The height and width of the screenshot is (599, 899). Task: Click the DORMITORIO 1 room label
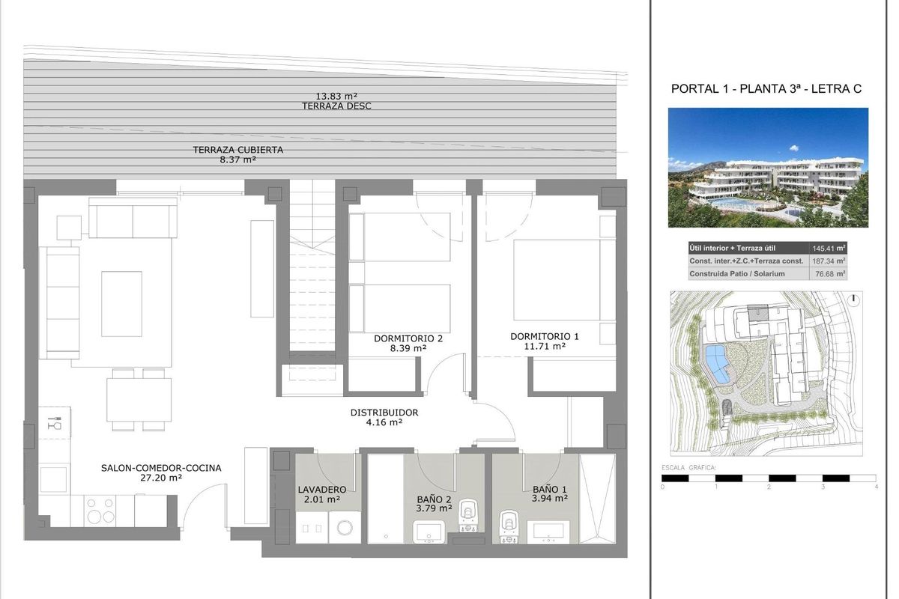537,336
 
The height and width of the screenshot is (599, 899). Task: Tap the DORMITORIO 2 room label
408,338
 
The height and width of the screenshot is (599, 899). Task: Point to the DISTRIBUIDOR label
384,413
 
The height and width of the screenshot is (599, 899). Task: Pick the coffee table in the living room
121,303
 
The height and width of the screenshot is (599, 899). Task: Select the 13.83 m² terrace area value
336,96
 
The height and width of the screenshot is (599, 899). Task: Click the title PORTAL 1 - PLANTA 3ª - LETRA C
766,88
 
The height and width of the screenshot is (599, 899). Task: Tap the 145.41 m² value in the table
829,248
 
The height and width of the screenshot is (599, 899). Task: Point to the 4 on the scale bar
875,487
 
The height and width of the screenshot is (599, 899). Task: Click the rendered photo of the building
768,168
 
